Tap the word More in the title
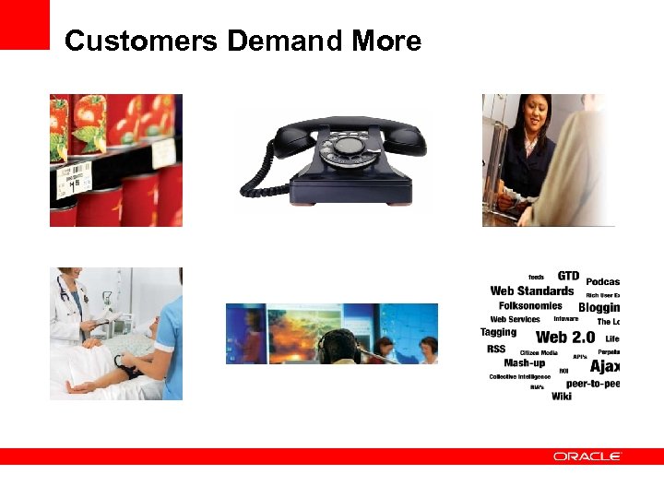tap(386, 41)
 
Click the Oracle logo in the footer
tap(587, 456)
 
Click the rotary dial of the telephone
tap(350, 145)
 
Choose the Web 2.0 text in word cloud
tap(564, 338)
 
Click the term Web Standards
tap(531, 291)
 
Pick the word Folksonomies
tap(530, 305)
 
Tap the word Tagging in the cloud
tap(498, 332)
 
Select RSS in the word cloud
tap(496, 350)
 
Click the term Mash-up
tap(524, 363)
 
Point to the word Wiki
tap(561, 396)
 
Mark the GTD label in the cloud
tap(568, 276)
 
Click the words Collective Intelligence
tap(519, 376)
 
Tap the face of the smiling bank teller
tap(533, 115)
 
